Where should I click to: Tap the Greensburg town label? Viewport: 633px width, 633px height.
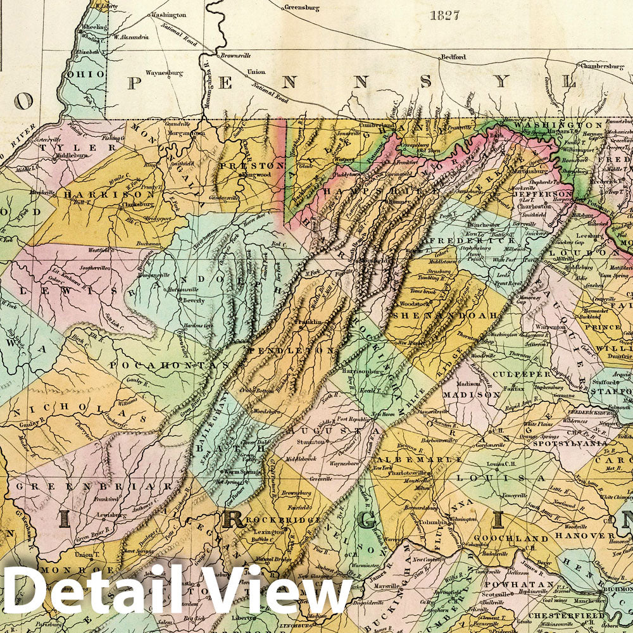(x=300, y=8)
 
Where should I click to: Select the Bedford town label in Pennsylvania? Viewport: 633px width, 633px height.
(x=453, y=57)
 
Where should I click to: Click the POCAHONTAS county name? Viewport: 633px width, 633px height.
(x=167, y=365)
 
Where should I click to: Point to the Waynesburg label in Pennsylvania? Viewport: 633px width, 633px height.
(x=164, y=73)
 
